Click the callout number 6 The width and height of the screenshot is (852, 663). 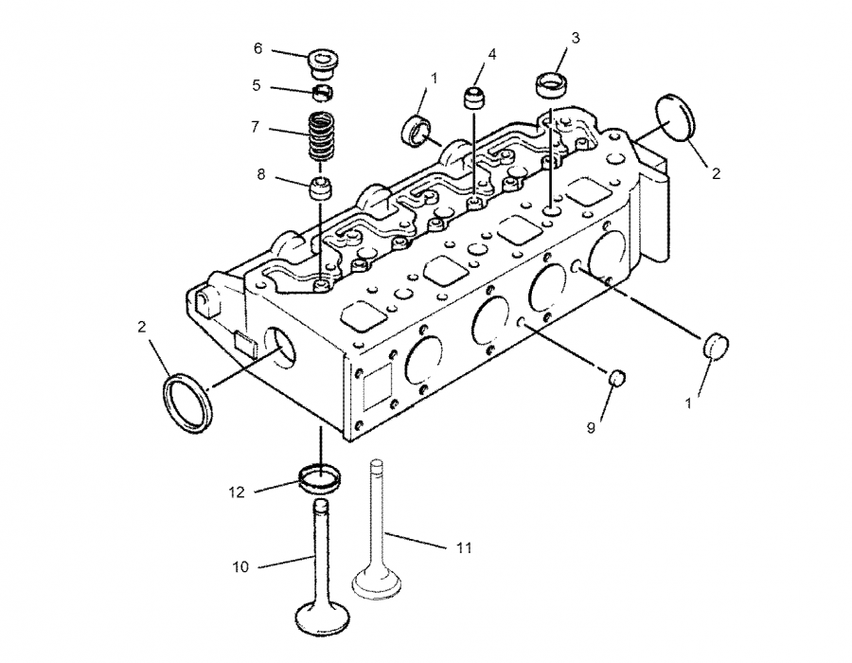[257, 48]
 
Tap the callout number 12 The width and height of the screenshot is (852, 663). [237, 492]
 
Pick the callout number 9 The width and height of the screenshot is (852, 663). [591, 428]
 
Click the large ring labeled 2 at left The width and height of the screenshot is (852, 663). [187, 403]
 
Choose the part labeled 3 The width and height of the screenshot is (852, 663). [552, 84]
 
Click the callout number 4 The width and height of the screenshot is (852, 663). [492, 55]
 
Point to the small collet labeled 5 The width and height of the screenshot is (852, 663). [324, 92]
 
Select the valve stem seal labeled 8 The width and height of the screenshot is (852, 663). [323, 186]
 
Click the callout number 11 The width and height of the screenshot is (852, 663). [463, 547]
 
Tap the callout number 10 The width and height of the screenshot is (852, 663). [240, 566]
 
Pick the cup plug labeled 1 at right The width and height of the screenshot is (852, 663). [715, 347]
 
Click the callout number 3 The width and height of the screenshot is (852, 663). [575, 37]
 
